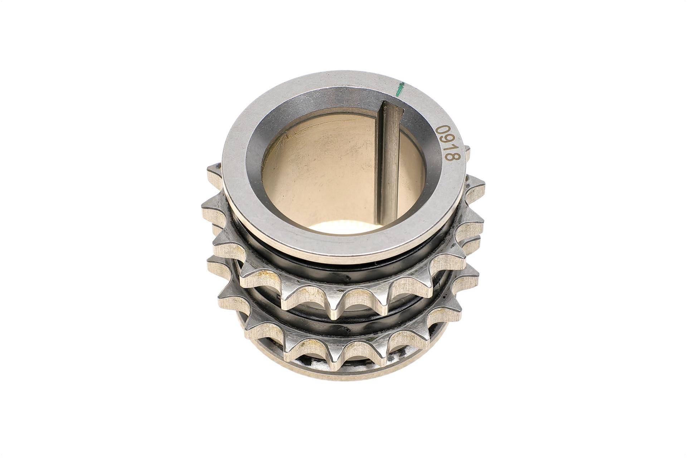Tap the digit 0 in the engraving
443,129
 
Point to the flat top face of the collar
250,200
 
